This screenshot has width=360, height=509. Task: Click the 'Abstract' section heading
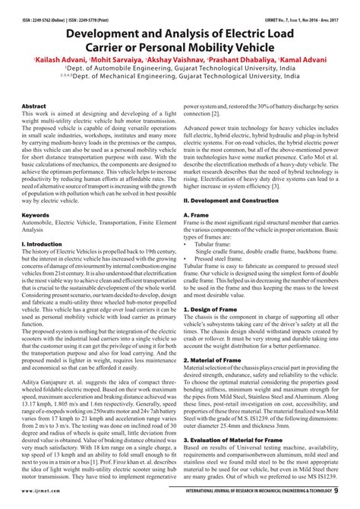[x=33, y=106]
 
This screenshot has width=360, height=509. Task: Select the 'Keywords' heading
[x=35, y=215]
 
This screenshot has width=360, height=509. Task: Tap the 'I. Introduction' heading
[x=43, y=244]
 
